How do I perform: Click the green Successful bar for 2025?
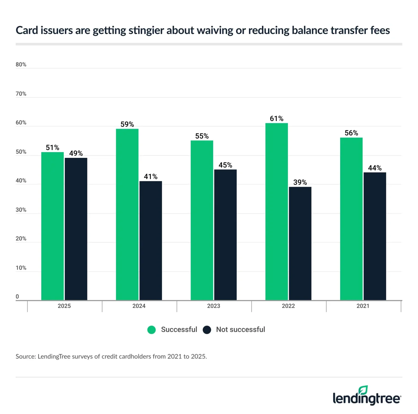point(52,226)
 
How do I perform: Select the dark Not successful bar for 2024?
point(150,241)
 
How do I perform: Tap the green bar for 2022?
point(276,211)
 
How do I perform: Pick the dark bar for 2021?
point(375,236)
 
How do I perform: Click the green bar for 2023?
point(202,220)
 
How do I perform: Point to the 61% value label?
point(276,119)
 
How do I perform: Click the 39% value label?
point(300,182)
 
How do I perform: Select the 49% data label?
point(76,153)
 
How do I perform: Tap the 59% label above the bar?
point(127,124)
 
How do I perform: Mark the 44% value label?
point(375,168)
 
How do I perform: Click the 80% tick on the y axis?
point(21,65)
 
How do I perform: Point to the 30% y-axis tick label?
point(21,210)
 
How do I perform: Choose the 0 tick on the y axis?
point(17,297)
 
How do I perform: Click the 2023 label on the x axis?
point(214,306)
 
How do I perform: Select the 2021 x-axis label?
point(363,306)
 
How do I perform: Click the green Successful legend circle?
point(151,330)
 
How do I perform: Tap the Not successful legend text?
point(240,330)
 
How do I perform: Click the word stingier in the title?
point(146,30)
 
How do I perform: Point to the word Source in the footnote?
point(25,357)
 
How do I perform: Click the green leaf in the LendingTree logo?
point(363,390)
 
